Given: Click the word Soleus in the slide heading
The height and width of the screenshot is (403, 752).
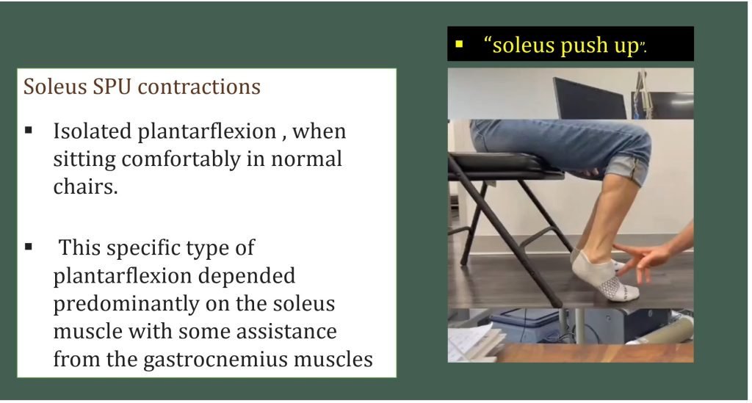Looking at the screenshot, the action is [x=54, y=87].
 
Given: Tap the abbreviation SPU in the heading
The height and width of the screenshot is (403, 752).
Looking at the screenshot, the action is [x=112, y=87].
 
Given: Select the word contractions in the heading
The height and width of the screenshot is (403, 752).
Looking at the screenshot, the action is [x=199, y=87].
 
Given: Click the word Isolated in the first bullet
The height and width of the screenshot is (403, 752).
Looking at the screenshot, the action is [x=92, y=131].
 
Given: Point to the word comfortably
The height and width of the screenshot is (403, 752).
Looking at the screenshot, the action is [x=181, y=159].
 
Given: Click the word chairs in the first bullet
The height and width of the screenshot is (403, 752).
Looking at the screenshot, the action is [x=85, y=186].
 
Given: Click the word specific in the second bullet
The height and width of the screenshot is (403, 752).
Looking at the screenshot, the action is [x=143, y=248].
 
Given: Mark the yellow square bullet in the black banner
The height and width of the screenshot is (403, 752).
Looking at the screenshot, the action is [x=460, y=44].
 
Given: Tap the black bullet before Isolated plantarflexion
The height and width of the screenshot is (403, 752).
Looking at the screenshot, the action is [x=29, y=130].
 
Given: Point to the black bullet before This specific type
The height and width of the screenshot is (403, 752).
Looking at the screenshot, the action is [x=29, y=247].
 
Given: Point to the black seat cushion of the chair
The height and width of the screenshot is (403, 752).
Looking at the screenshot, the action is [x=504, y=163].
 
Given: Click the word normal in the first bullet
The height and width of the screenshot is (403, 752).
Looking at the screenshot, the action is [x=306, y=159].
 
